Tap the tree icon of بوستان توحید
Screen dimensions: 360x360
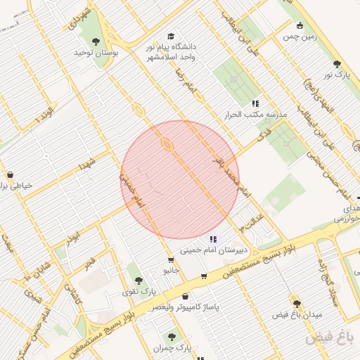click(x=96, y=43)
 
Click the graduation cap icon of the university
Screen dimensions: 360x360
click(x=171, y=37)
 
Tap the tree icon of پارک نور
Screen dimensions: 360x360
click(x=337, y=64)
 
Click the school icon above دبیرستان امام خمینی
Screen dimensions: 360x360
click(x=213, y=240)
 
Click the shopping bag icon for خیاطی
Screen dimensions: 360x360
click(x=10, y=174)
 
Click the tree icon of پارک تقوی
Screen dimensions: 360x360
click(x=138, y=280)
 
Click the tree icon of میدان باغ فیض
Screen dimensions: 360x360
click(x=297, y=304)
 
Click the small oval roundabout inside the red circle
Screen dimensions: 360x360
click(x=167, y=145)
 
